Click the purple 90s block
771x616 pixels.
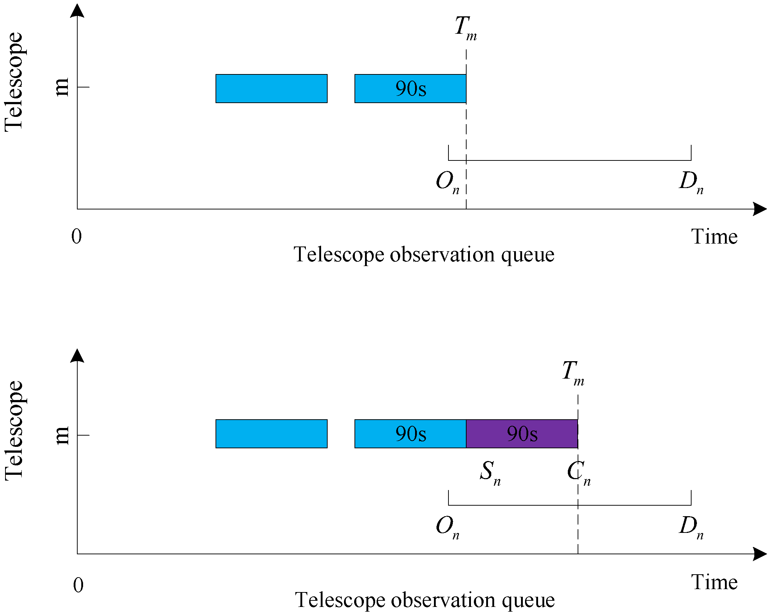522,434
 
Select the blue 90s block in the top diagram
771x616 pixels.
410,89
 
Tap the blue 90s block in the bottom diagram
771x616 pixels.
410,434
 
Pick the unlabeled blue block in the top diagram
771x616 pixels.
271,89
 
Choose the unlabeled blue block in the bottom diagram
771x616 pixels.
271,434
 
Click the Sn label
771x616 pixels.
490,472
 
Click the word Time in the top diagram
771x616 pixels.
714,237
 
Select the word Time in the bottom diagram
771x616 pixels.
714,582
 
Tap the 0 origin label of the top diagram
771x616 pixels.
77,236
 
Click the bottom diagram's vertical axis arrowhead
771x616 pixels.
77,356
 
